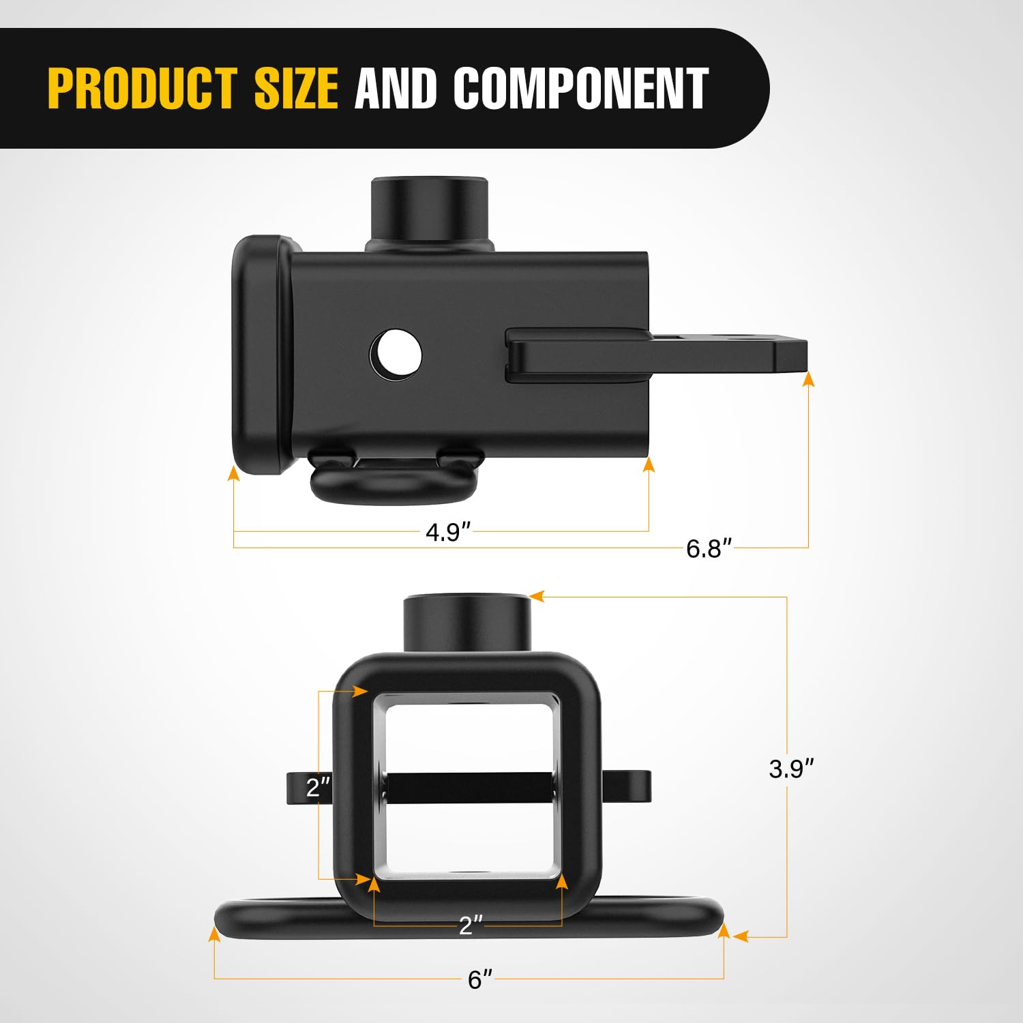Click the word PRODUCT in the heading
(x=142, y=88)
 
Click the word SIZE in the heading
(x=296, y=88)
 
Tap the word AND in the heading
(x=396, y=88)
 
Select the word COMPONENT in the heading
(x=581, y=88)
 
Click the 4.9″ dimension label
(x=448, y=532)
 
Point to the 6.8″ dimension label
(x=709, y=548)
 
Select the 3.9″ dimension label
(x=791, y=769)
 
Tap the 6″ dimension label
(x=479, y=980)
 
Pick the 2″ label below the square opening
(x=471, y=925)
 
